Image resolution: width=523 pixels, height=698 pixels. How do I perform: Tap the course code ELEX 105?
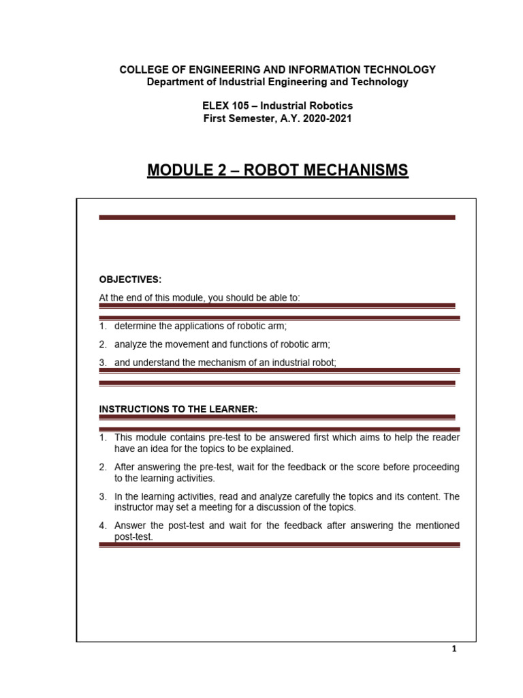click(x=225, y=106)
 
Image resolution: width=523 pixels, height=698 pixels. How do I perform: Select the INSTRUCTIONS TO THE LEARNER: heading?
click(x=178, y=408)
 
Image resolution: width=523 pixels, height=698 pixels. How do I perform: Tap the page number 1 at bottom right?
click(x=454, y=649)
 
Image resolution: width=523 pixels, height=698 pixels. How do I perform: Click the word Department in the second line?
click(x=176, y=82)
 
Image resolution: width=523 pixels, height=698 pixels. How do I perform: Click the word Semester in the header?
click(x=252, y=119)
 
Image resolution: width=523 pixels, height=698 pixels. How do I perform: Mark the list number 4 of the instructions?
click(x=102, y=526)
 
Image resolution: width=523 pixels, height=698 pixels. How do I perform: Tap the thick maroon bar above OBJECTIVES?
click(x=276, y=217)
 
